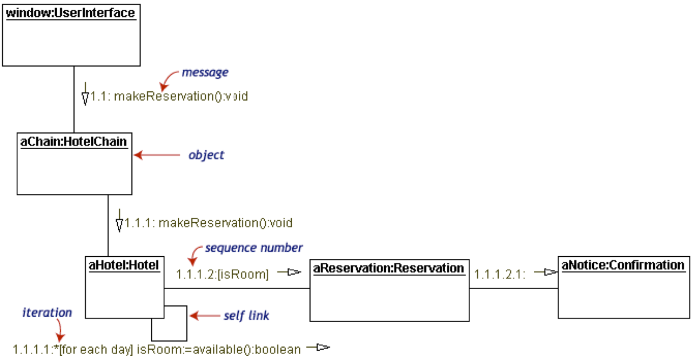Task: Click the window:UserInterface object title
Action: [x=70, y=13]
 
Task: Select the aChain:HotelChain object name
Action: [x=73, y=142]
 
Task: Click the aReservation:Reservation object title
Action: [x=388, y=268]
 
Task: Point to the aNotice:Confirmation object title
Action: [x=623, y=265]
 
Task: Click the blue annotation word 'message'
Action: [x=205, y=72]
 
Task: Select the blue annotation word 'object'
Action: [x=206, y=155]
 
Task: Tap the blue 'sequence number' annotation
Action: [x=254, y=248]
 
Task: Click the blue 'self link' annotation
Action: [x=246, y=316]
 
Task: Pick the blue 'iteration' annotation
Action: [x=47, y=312]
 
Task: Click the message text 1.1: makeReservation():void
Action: [x=169, y=96]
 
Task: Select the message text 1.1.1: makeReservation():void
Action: [x=209, y=223]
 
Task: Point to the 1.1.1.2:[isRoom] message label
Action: [x=223, y=274]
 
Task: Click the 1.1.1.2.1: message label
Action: [x=500, y=274]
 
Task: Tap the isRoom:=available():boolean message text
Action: [x=218, y=350]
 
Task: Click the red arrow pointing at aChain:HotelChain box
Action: [x=157, y=155]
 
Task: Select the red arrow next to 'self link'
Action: [x=205, y=316]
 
